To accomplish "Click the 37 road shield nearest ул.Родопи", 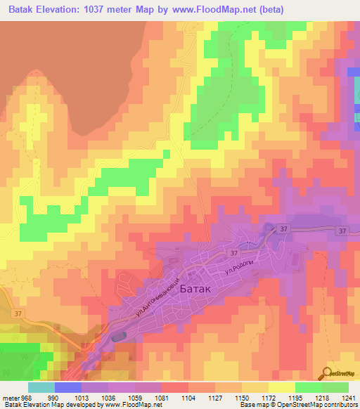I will [x=232, y=252].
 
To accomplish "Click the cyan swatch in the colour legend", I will [x=41, y=387].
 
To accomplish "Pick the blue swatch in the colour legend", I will [x=68, y=387].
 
